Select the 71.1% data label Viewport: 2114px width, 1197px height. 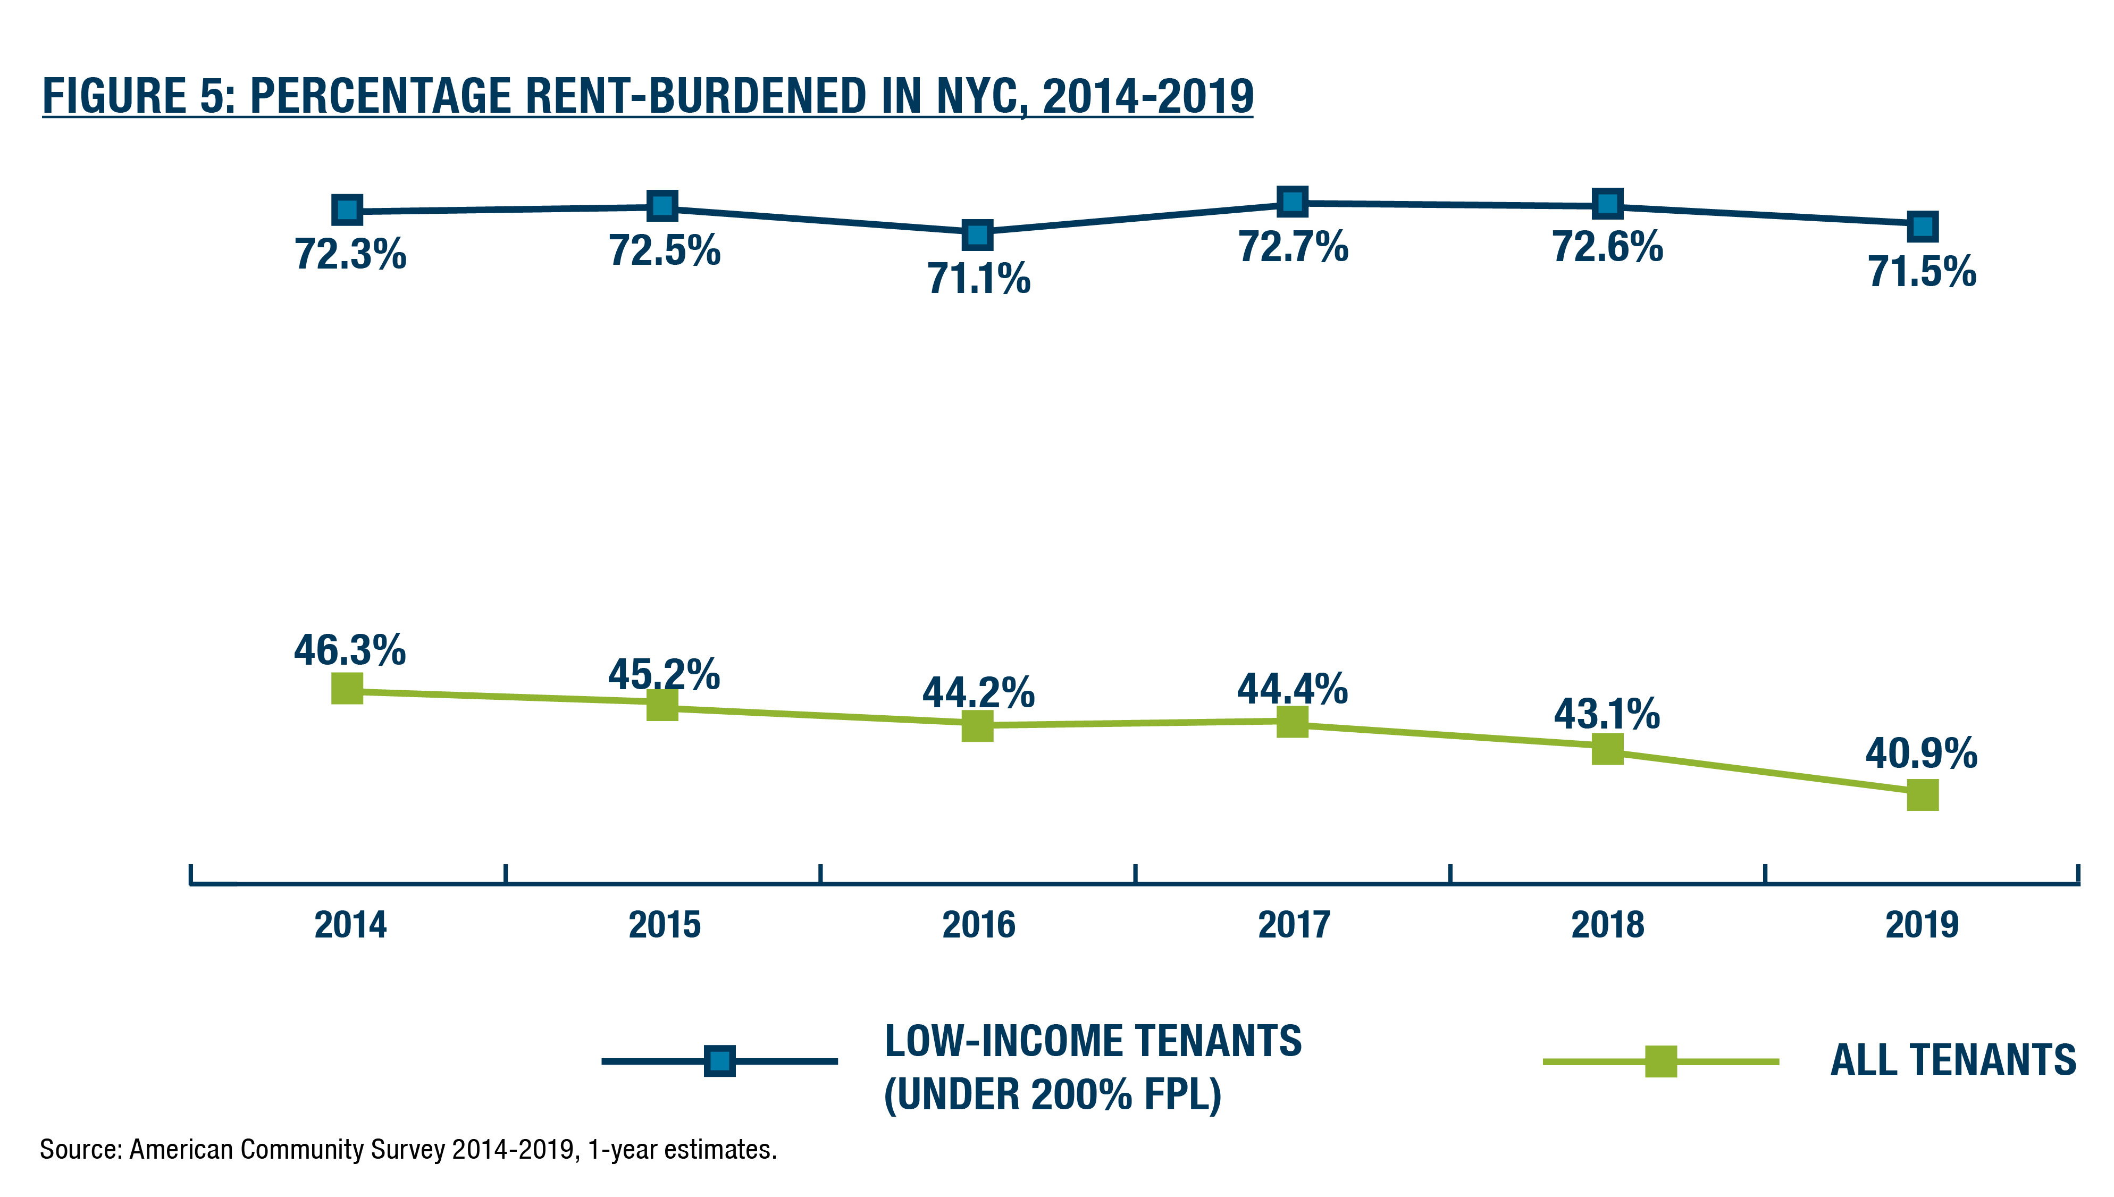(x=978, y=278)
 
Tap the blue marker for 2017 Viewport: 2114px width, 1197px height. (x=1292, y=202)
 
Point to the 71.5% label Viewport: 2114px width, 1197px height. (x=1922, y=271)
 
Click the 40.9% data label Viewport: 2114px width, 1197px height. (x=1921, y=753)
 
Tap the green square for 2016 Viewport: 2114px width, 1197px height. (x=977, y=726)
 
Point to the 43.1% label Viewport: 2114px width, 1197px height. (x=1607, y=714)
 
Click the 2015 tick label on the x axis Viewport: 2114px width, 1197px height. (x=664, y=925)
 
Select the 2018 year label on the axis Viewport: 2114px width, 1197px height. (x=1608, y=925)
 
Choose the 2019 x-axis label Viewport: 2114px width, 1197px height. (x=1922, y=925)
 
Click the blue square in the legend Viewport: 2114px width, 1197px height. (x=719, y=1060)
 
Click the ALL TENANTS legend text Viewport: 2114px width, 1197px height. (x=1953, y=1060)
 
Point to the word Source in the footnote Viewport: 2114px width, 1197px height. (x=80, y=1149)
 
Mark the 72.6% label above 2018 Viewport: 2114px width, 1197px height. (x=1607, y=247)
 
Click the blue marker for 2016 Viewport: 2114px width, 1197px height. (x=977, y=235)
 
